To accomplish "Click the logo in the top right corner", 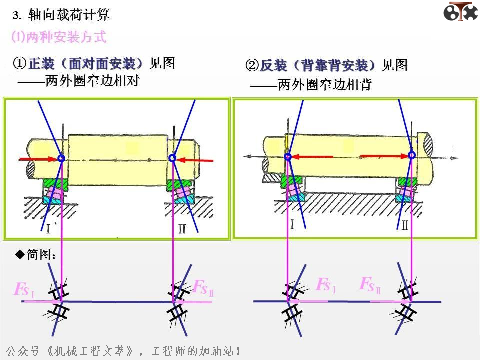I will click(x=460, y=12).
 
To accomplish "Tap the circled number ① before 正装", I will click(x=19, y=63).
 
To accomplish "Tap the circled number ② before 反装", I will click(x=251, y=65).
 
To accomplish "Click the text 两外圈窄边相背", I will click(x=324, y=85).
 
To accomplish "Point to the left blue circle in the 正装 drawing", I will click(x=61, y=158).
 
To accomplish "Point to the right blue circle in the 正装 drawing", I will click(x=172, y=158).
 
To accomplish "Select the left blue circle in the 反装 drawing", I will click(x=288, y=157).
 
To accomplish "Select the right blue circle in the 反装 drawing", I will click(x=411, y=155).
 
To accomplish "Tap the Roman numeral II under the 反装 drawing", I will click(x=404, y=225).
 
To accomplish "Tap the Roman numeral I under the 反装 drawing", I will click(x=292, y=225).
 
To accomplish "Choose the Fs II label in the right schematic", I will click(x=370, y=285).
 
